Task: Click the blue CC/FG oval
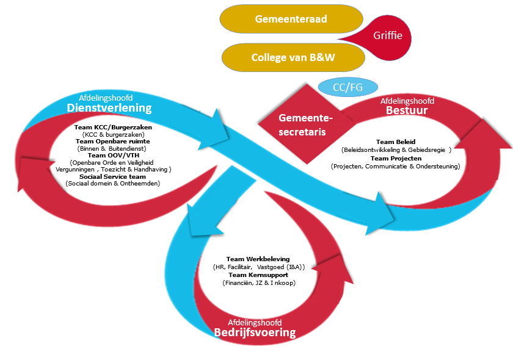click(x=348, y=87)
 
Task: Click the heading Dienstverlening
click(x=109, y=108)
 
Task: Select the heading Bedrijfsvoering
click(x=255, y=333)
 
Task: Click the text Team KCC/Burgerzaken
click(x=113, y=128)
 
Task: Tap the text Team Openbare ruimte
click(x=113, y=142)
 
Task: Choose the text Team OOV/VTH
click(x=113, y=156)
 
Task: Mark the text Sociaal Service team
click(x=113, y=176)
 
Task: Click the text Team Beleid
click(x=395, y=142)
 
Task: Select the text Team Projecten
click(x=395, y=159)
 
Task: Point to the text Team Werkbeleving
click(x=258, y=259)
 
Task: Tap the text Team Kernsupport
click(x=258, y=275)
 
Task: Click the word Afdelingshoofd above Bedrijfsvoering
click(x=255, y=322)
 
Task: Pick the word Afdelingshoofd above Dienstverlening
click(x=106, y=98)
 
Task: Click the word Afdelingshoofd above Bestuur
click(x=407, y=101)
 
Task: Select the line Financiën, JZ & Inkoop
click(x=258, y=283)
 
